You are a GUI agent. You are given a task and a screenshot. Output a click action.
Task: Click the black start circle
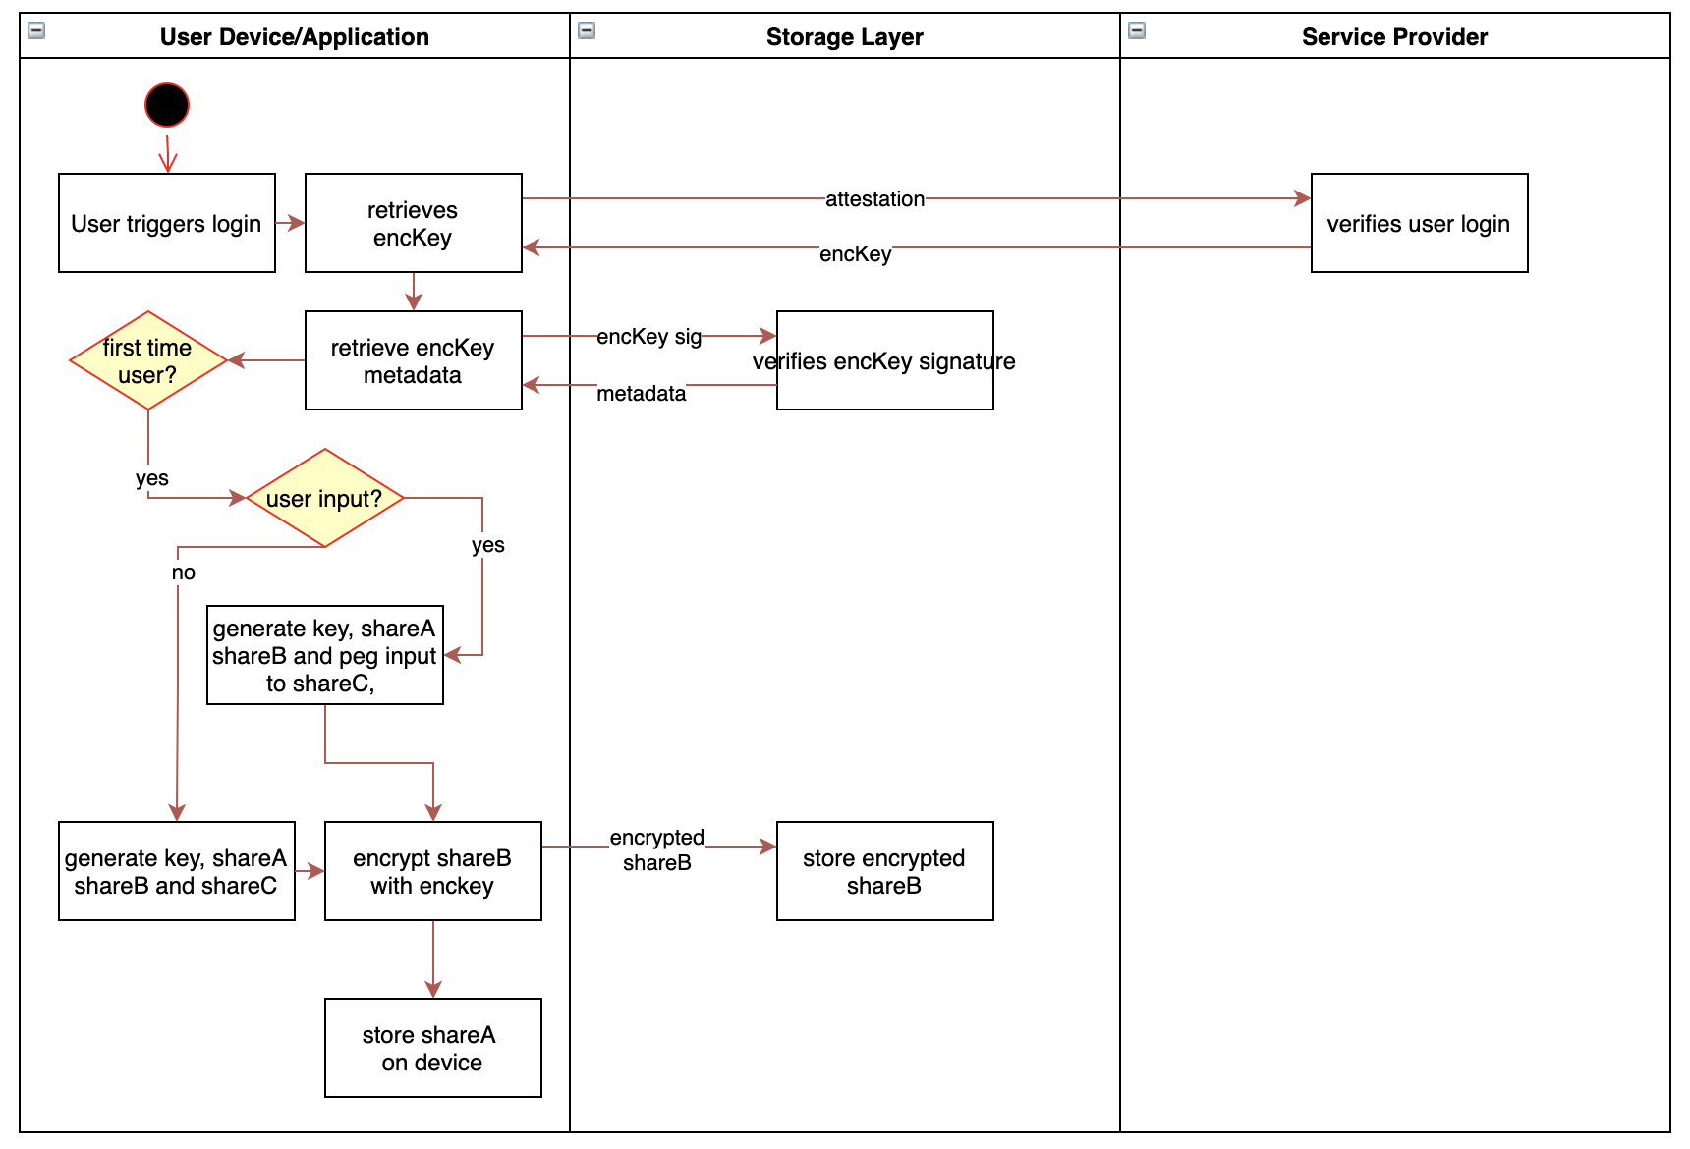click(x=167, y=105)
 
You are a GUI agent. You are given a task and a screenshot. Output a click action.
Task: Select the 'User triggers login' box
click(x=167, y=223)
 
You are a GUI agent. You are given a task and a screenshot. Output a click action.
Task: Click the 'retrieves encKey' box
click(x=413, y=223)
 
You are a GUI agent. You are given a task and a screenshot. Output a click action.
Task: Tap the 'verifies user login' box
click(x=1419, y=223)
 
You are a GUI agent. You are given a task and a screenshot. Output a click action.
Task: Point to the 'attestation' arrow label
click(x=874, y=199)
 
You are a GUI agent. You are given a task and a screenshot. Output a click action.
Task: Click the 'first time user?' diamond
click(x=148, y=360)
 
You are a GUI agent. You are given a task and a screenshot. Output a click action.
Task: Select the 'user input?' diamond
click(x=325, y=498)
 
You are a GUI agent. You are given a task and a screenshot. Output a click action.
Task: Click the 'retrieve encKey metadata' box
click(x=413, y=360)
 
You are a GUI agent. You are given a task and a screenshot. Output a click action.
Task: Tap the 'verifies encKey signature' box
click(x=884, y=360)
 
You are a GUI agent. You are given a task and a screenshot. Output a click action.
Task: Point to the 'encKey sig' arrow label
click(x=648, y=337)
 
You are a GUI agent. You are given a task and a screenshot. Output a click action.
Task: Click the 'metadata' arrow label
click(x=641, y=394)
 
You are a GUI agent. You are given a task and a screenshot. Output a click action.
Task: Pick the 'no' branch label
click(x=184, y=573)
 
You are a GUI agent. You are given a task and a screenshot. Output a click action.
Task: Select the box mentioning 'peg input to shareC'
click(x=324, y=655)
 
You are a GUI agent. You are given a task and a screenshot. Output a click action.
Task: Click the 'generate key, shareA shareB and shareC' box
click(x=177, y=871)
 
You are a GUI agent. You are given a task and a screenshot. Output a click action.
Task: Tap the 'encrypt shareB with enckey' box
click(x=432, y=871)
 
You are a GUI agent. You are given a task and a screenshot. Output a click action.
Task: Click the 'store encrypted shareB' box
click(x=884, y=871)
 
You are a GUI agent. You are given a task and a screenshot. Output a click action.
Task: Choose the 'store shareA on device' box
click(x=432, y=1048)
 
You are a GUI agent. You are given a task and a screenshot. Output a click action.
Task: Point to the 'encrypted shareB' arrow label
click(x=656, y=849)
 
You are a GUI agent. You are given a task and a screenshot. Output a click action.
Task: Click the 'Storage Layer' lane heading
click(x=844, y=37)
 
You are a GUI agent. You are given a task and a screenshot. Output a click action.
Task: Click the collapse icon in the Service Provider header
click(x=1137, y=30)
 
